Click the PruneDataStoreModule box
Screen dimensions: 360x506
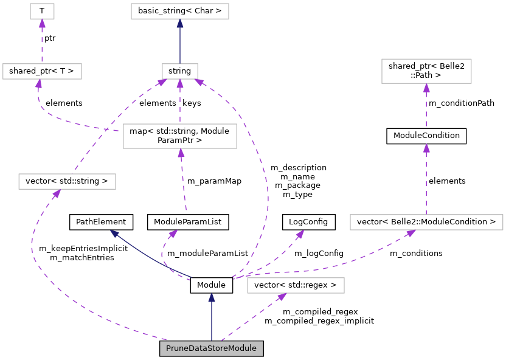pyautogui.click(x=211, y=348)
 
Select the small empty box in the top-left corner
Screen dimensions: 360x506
pyautogui.click(x=42, y=11)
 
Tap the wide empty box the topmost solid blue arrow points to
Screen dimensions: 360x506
pyautogui.click(x=180, y=11)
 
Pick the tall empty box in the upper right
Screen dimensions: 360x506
pyautogui.click(x=426, y=71)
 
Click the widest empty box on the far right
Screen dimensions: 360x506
pyautogui.click(x=426, y=222)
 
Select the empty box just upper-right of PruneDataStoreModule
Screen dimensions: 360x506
pyautogui.click(x=296, y=285)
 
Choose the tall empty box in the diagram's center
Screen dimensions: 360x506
pyautogui.click(x=179, y=136)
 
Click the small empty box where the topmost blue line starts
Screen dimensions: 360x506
pyautogui.click(x=180, y=71)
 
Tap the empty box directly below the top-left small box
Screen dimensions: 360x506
pyautogui.click(x=42, y=71)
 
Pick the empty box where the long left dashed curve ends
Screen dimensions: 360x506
pyautogui.click(x=67, y=181)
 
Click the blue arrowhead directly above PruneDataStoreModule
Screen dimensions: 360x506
pyautogui.click(x=212, y=298)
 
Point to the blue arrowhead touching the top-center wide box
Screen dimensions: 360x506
pyautogui.click(x=180, y=24)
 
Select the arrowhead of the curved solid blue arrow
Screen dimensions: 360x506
pyautogui.click(x=114, y=234)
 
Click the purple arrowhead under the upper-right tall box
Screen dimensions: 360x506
pyautogui.click(x=426, y=88)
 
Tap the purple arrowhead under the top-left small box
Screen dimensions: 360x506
pyautogui.click(x=42, y=24)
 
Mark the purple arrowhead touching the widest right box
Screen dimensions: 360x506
pyautogui.click(x=411, y=234)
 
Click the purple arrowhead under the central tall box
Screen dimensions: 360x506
pyautogui.click(x=181, y=153)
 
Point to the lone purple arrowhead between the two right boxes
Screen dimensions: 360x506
pyautogui.click(x=426, y=148)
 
